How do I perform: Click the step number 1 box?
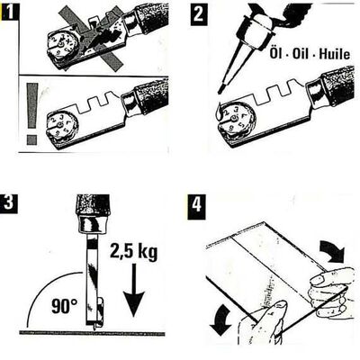coord(10,11)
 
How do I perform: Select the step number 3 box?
coord(10,202)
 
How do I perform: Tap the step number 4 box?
coord(200,202)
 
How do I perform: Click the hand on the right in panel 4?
coord(328,292)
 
